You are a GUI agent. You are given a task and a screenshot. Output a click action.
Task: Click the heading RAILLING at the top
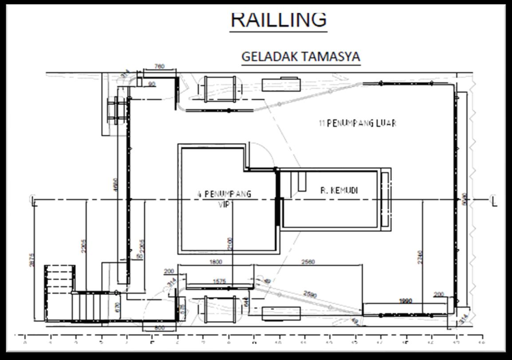tap(279, 20)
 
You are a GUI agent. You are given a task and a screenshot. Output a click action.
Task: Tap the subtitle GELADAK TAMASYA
tap(300, 57)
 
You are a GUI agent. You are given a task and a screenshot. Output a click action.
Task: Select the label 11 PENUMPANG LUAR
tap(357, 123)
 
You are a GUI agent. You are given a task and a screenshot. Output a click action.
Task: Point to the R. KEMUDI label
tap(339, 191)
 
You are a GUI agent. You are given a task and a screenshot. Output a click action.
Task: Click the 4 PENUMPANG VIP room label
tap(224, 199)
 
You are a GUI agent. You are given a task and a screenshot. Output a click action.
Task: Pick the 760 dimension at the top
tap(159, 67)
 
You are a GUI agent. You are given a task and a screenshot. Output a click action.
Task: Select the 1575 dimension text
tap(219, 281)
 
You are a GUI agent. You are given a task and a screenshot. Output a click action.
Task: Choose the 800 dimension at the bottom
tap(160, 328)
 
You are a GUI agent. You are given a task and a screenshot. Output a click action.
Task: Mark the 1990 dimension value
tap(405, 301)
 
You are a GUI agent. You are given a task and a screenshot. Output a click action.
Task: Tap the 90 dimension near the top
tap(152, 83)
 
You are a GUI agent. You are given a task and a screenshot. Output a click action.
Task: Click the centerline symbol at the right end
tap(493, 200)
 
